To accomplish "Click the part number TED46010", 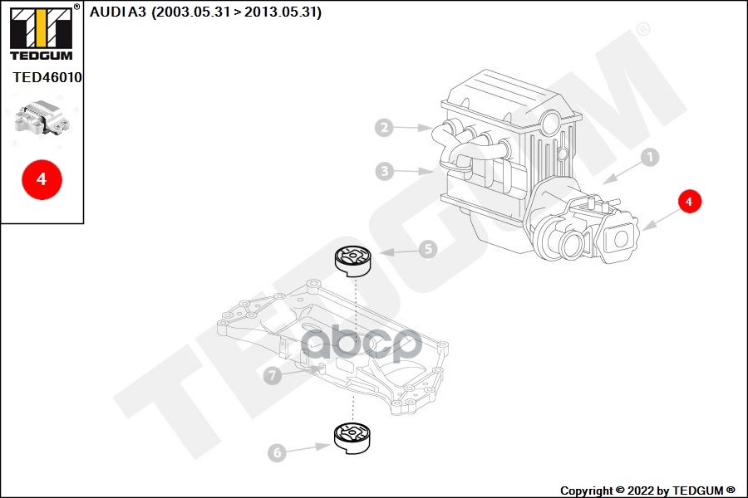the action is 47,77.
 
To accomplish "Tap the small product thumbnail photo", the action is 42,120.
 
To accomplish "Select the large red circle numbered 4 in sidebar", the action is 42,178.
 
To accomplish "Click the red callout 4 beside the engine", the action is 689,201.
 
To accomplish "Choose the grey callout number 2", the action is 383,128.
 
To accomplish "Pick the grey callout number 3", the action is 383,172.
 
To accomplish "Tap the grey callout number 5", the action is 427,248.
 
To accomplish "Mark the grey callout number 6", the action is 277,452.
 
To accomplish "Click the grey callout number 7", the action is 272,376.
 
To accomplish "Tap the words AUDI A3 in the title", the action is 118,12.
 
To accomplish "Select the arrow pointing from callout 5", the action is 397,251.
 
